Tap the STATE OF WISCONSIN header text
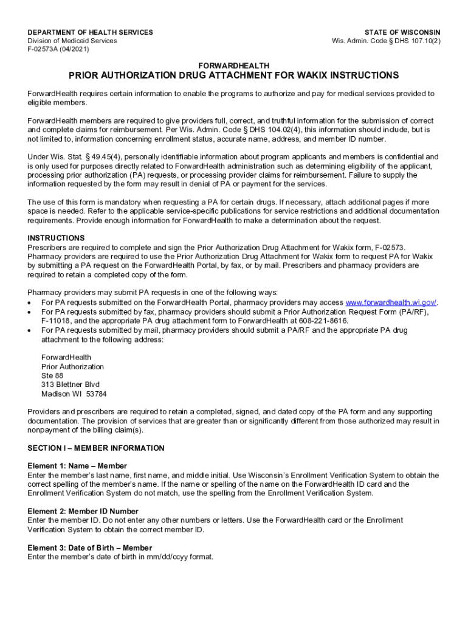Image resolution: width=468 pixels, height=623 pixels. click(402, 32)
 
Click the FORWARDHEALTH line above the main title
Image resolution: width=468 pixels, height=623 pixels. click(235, 65)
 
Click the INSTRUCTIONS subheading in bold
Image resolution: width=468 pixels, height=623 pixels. click(56, 238)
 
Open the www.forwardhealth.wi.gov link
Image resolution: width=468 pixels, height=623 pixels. click(391, 303)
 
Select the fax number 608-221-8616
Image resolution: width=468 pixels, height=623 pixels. click(328, 321)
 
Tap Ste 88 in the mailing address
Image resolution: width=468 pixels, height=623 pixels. click(52, 375)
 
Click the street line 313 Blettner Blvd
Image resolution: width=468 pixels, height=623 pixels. click(70, 385)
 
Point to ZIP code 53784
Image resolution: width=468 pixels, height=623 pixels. click(97, 394)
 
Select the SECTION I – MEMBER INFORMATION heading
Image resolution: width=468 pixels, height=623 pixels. click(96, 448)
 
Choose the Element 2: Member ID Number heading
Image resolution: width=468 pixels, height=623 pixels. click(83, 512)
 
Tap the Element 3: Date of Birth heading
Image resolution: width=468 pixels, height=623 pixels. click(89, 548)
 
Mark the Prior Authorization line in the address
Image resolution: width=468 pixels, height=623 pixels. click(72, 367)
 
